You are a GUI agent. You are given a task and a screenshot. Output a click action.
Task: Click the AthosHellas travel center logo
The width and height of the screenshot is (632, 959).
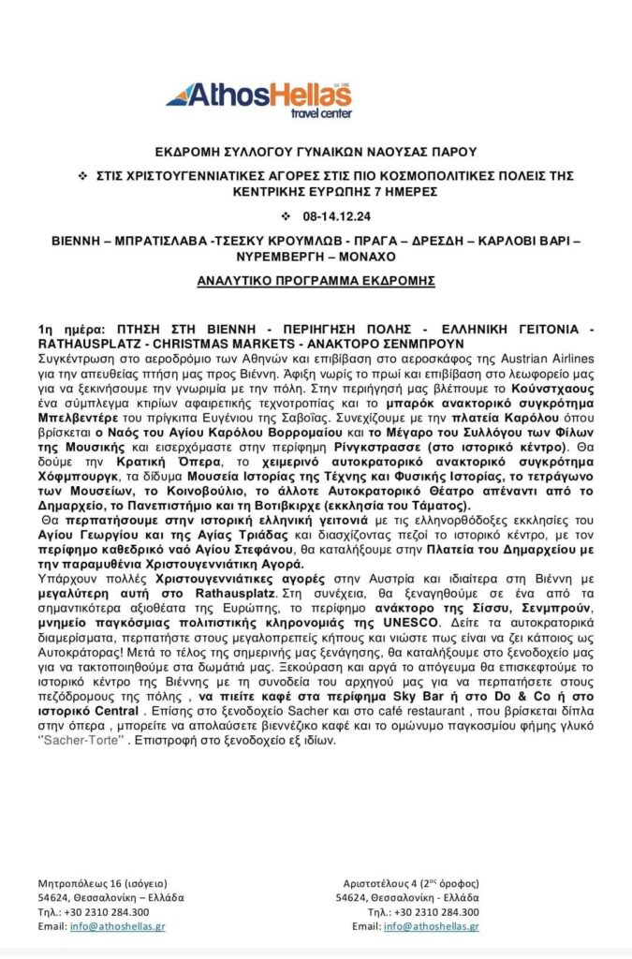coord(258,98)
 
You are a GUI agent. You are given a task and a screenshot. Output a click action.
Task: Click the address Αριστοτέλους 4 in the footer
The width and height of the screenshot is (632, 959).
coord(390,883)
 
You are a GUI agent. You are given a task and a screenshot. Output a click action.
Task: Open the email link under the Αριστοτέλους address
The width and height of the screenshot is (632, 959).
coord(432,925)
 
